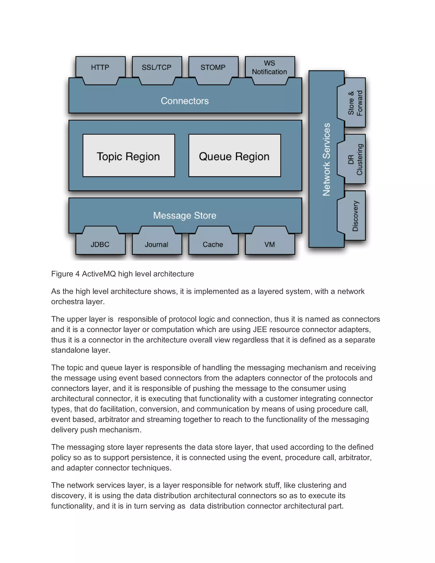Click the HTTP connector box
point(100,68)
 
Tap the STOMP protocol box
point(213,68)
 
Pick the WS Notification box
point(269,68)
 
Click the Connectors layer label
point(185,101)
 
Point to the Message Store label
point(185,215)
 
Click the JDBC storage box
point(100,244)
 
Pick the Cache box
point(213,244)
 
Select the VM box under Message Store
point(270,244)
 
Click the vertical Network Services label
point(326,159)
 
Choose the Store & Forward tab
point(355,103)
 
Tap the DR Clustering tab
point(355,159)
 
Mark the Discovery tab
point(355,216)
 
